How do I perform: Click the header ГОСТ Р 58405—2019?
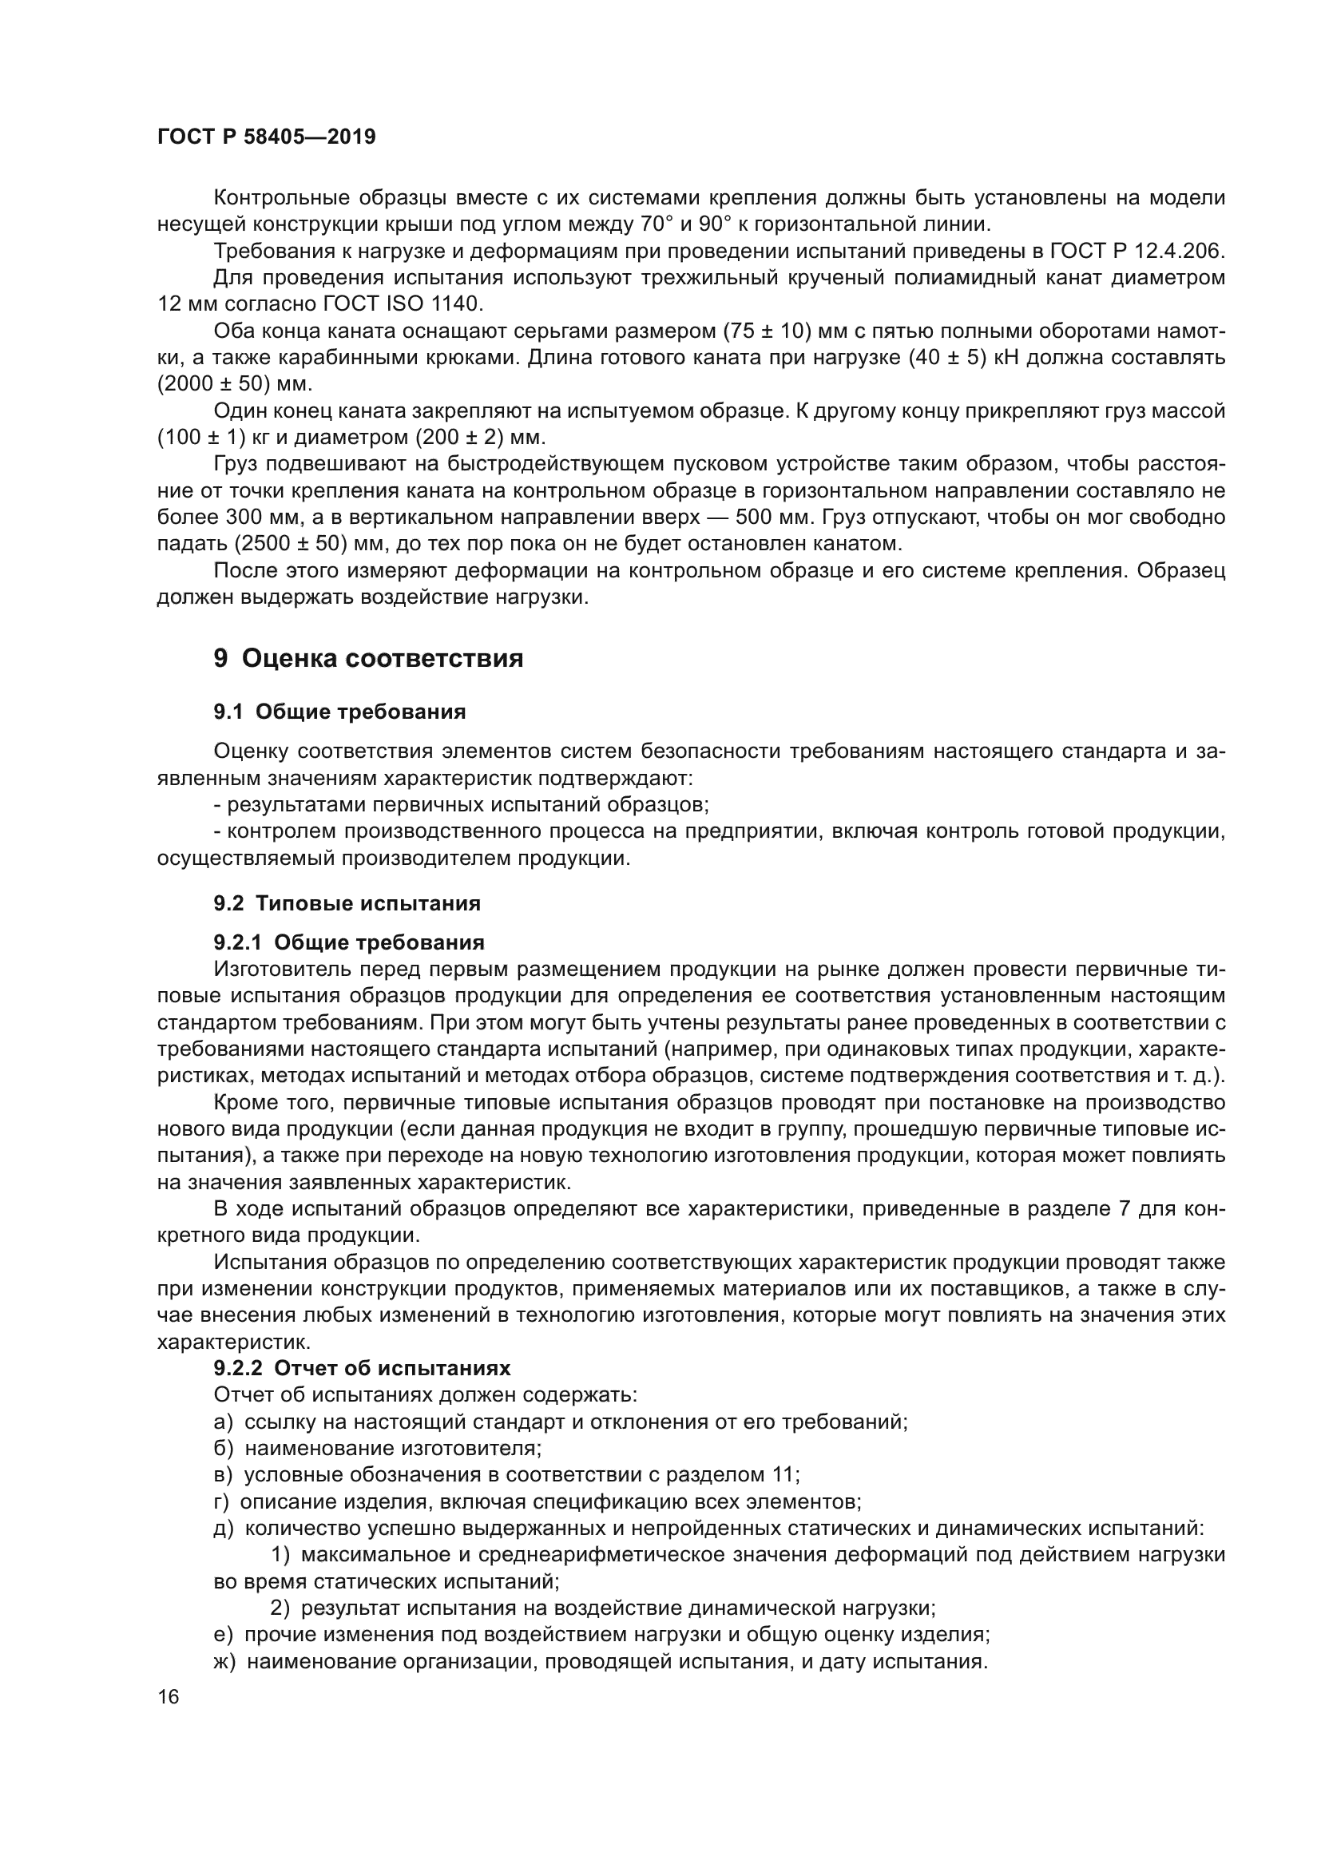point(266,137)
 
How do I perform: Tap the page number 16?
point(168,1696)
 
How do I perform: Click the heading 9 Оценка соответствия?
point(367,657)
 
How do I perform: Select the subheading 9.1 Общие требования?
point(339,712)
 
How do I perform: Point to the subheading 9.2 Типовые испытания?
point(347,903)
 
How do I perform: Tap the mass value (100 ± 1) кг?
point(213,438)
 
